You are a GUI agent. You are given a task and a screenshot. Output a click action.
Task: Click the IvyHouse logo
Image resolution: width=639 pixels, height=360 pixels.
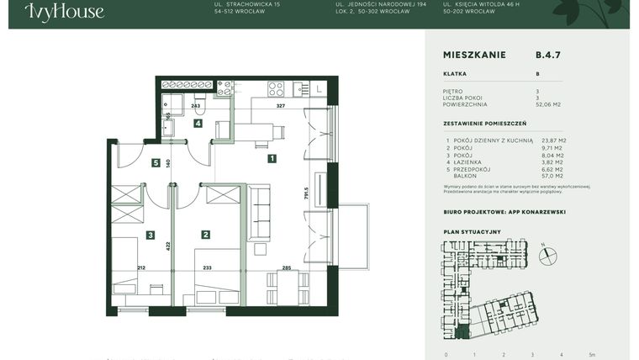pyautogui.click(x=64, y=12)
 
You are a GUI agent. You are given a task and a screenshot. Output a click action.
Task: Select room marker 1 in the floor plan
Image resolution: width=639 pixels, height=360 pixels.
pyautogui.click(x=272, y=157)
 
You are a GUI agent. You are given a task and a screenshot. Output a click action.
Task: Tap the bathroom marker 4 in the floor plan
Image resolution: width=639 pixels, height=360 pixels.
pyautogui.click(x=198, y=124)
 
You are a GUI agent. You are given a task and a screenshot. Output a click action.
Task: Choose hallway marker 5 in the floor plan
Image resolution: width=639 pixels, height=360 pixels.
pyautogui.click(x=156, y=163)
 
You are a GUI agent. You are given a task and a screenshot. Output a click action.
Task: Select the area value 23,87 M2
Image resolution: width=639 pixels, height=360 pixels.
pyautogui.click(x=554, y=140)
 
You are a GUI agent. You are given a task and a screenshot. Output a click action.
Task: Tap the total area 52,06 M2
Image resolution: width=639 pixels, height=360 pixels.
pyautogui.click(x=549, y=105)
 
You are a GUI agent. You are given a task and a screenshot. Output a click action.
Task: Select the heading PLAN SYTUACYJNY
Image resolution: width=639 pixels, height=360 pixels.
pyautogui.click(x=472, y=230)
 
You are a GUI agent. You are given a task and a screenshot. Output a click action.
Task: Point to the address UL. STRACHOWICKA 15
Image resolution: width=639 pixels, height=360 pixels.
pyautogui.click(x=248, y=4)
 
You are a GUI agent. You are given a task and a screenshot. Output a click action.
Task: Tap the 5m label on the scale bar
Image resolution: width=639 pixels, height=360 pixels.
pyautogui.click(x=593, y=354)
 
